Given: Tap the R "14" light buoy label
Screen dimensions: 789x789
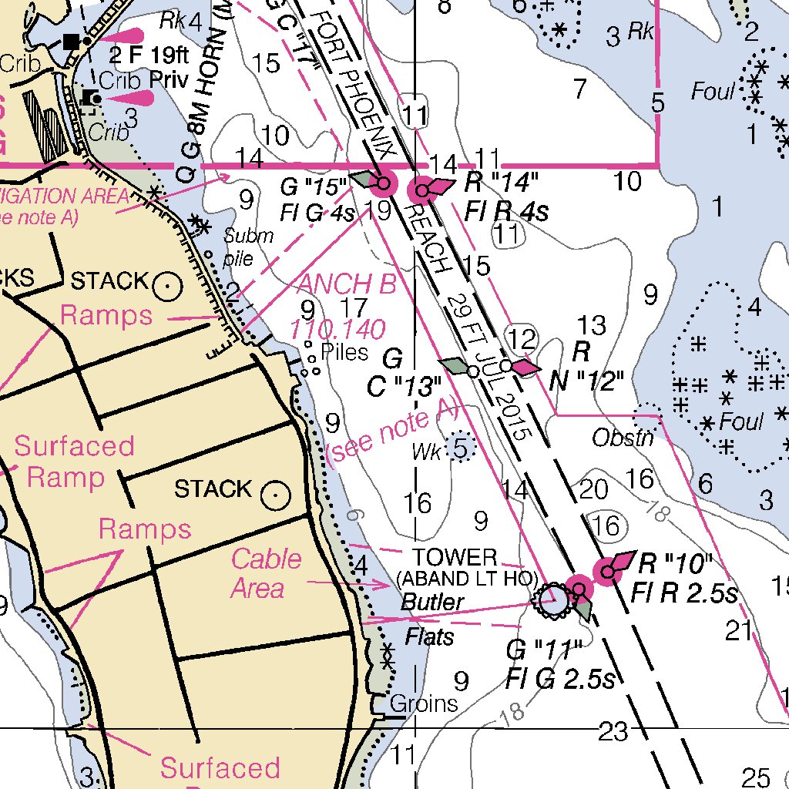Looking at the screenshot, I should coord(502,183).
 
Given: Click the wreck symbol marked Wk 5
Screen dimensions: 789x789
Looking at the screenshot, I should coord(460,448).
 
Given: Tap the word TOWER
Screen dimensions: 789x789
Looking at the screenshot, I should coord(454,557).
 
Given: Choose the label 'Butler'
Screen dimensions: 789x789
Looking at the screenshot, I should coord(432,602).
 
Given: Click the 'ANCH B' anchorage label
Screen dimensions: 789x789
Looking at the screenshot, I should coord(347,284).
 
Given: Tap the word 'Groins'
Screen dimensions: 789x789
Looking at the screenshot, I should coord(424,703).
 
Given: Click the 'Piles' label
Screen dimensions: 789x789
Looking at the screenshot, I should coord(344,352).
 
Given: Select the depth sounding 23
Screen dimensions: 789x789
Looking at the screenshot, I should coord(613,731).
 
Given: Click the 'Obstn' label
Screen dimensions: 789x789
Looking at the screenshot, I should coord(623,438).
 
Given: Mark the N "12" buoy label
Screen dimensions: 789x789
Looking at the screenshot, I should coord(587,379).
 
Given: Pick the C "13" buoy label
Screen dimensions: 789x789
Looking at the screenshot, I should coord(403,387).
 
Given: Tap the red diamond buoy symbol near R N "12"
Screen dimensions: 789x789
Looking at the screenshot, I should coord(525,368).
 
